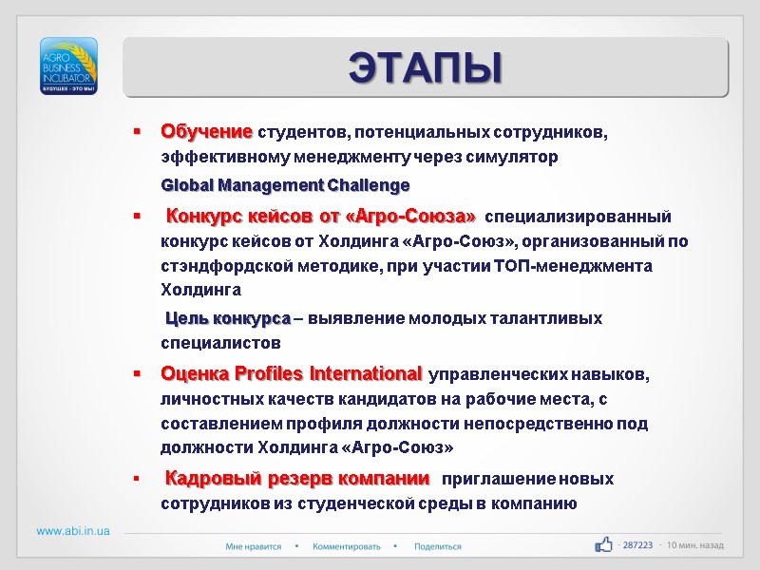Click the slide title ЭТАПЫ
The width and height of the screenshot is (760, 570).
(x=425, y=67)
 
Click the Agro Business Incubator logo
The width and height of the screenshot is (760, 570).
(x=67, y=66)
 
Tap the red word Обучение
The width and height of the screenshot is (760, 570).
(x=207, y=130)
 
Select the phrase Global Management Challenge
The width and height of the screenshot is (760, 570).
(x=286, y=184)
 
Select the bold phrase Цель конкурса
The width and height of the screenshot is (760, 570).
(x=228, y=318)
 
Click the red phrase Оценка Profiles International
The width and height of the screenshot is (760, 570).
(x=292, y=372)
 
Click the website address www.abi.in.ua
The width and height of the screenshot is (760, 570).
(x=73, y=531)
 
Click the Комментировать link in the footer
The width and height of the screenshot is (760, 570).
(x=347, y=546)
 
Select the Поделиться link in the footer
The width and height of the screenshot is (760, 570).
(x=438, y=546)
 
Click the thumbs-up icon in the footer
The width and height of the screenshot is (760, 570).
(x=603, y=544)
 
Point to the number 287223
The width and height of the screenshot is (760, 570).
(x=636, y=546)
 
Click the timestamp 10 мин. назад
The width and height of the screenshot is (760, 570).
(x=695, y=546)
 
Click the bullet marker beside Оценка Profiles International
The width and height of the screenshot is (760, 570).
(x=138, y=373)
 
